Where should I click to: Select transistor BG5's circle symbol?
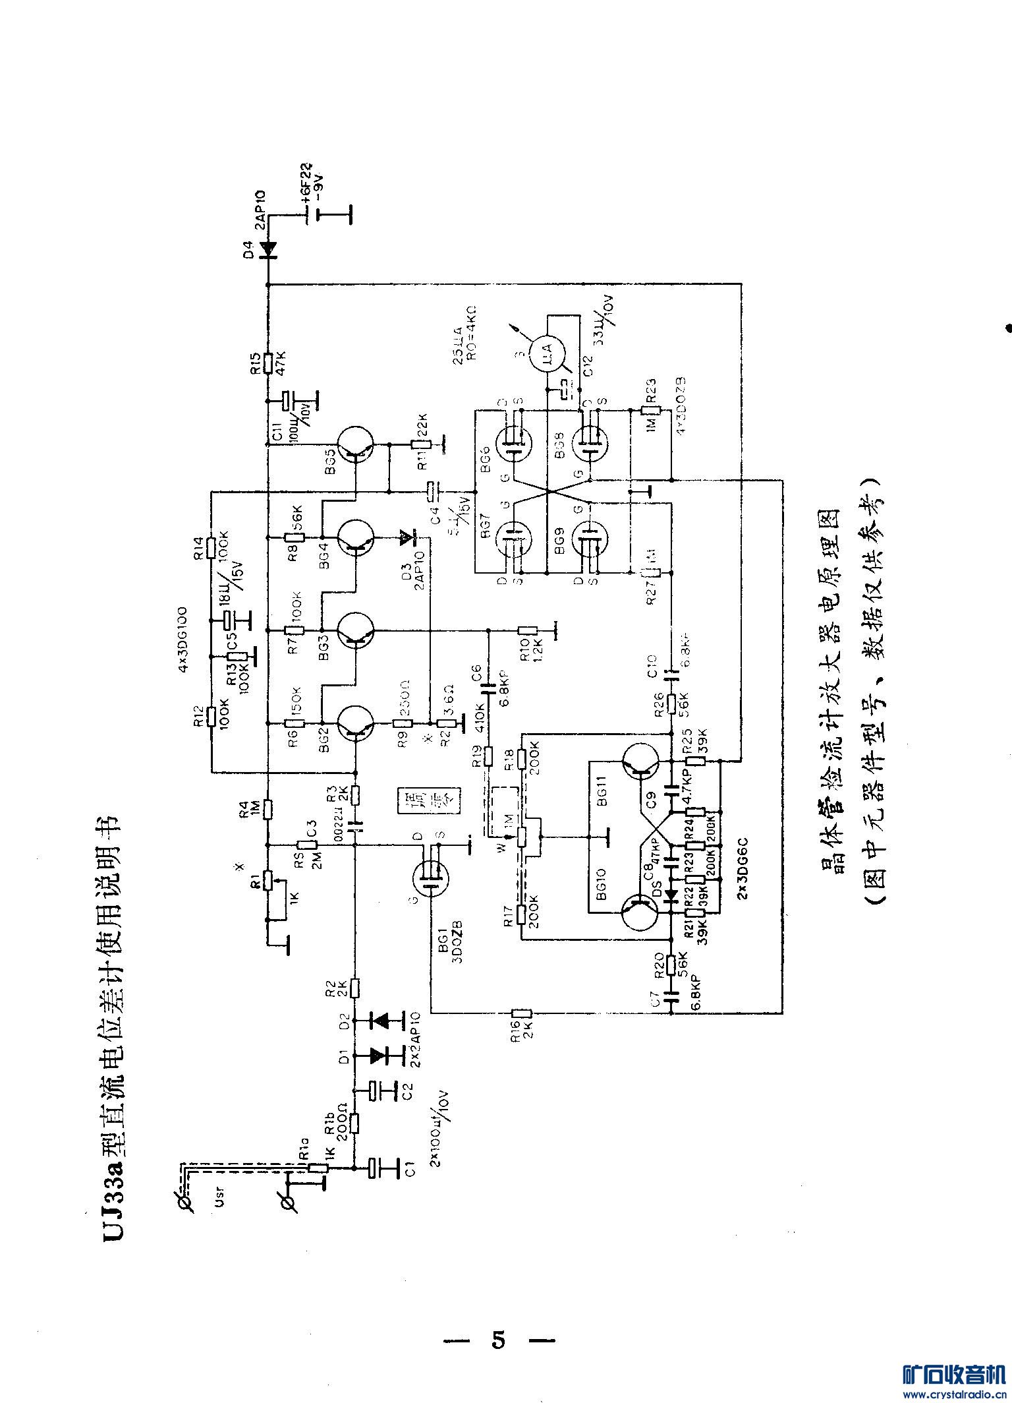pos(356,446)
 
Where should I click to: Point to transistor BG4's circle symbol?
pos(356,538)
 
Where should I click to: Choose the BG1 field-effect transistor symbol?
pos(430,880)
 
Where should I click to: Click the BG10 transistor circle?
pos(639,912)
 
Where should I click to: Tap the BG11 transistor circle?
pos(639,761)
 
